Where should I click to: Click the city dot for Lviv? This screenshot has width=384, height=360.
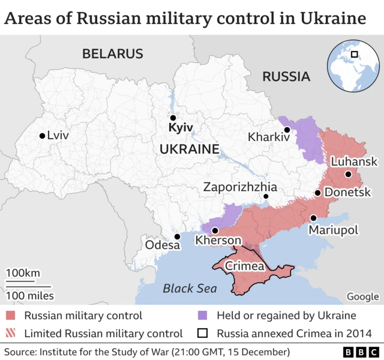[x=42, y=136]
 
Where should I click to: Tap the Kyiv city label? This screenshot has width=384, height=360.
[x=180, y=128]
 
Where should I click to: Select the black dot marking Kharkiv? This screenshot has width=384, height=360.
[x=287, y=130]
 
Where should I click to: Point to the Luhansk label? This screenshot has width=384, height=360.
[x=354, y=161]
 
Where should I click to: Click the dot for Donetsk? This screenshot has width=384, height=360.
[x=317, y=193]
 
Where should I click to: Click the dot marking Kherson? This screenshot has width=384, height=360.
[x=215, y=230]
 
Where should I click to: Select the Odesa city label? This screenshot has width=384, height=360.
[x=163, y=245]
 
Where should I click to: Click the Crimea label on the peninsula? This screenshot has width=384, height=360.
[x=244, y=266]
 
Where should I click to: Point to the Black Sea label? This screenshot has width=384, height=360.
[x=190, y=289]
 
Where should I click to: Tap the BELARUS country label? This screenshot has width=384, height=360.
[x=113, y=53]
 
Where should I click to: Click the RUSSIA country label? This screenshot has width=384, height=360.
[x=286, y=76]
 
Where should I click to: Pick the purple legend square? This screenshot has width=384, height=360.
[x=203, y=316]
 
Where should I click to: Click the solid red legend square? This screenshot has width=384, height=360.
[x=11, y=316]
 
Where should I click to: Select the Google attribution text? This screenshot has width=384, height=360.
[x=362, y=296]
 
